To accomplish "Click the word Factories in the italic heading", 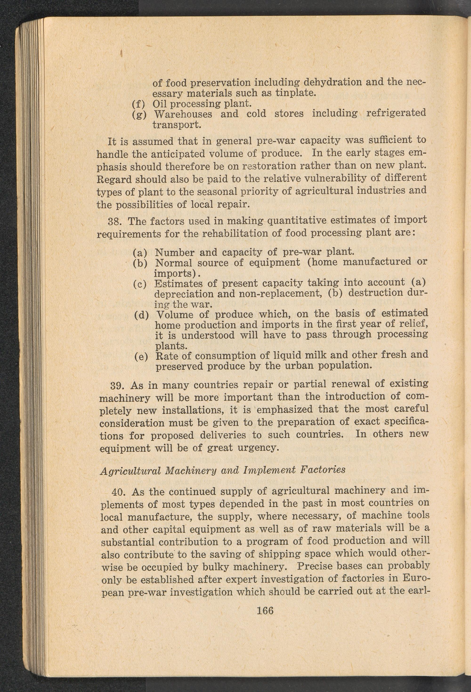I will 324,470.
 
